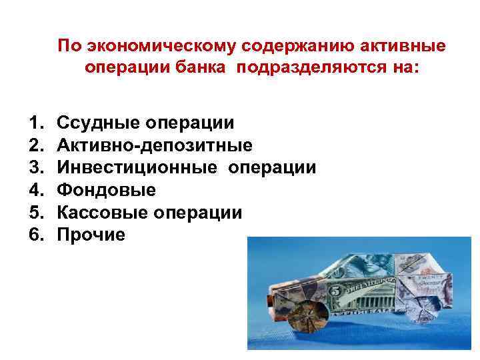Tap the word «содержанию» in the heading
click(x=289, y=46)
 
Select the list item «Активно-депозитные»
click(x=155, y=145)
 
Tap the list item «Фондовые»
click(x=107, y=190)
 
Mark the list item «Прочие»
click(x=91, y=235)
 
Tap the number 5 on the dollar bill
click(x=337, y=291)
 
